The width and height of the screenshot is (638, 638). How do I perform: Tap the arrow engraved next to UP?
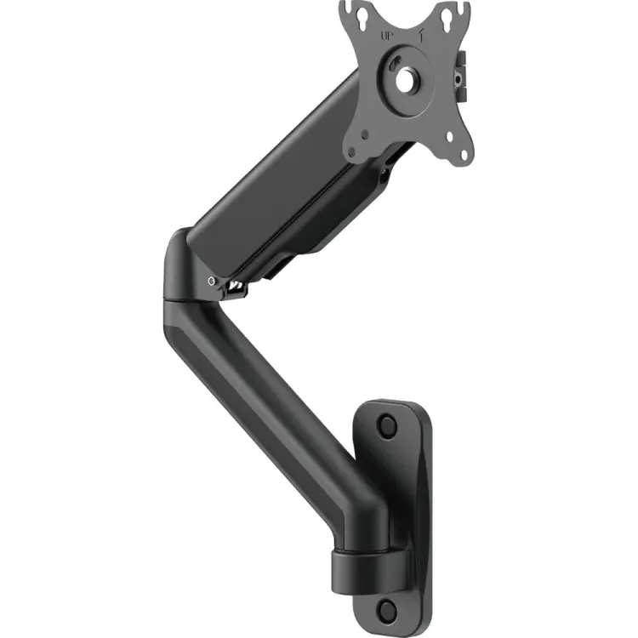[423, 36]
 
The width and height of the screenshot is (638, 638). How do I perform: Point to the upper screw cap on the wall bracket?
[387, 424]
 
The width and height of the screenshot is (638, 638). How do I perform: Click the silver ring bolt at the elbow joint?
[210, 281]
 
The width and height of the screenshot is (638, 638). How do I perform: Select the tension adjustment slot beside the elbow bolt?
[233, 289]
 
